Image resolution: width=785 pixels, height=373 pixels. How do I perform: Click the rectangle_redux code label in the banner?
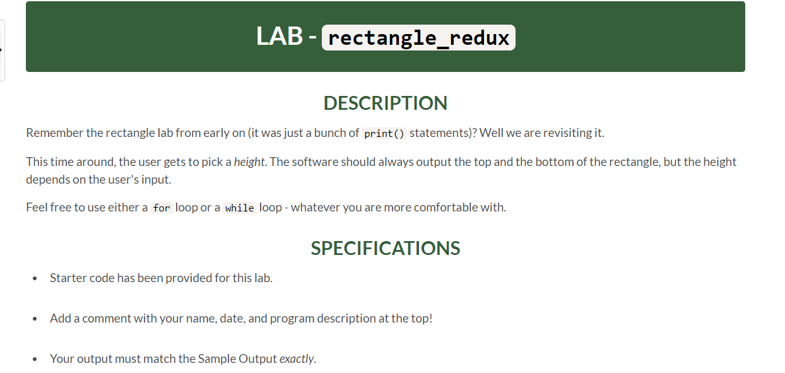(418, 38)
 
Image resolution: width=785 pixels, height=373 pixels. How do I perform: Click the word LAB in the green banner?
(279, 36)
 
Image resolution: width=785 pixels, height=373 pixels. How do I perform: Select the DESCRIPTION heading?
(385, 103)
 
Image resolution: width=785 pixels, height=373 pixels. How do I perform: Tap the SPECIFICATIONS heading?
(385, 248)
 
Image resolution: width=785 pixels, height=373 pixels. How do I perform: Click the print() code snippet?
(384, 134)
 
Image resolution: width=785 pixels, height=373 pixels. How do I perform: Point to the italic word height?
(249, 162)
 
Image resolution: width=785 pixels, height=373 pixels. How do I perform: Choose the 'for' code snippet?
(162, 208)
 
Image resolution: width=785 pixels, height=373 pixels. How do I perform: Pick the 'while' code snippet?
(239, 208)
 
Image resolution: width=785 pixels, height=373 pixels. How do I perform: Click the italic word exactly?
(296, 358)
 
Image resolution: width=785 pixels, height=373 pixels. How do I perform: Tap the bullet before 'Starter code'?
(35, 278)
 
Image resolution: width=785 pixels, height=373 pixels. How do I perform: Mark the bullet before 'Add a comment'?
(35, 319)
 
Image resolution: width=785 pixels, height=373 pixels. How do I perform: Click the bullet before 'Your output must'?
(35, 359)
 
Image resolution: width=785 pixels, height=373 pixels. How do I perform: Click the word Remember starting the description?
(54, 133)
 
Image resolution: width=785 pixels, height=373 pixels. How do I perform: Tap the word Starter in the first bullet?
(68, 278)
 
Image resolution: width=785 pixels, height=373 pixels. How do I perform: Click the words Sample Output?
(237, 358)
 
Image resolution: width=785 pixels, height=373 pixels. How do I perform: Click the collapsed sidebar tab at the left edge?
(3, 50)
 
